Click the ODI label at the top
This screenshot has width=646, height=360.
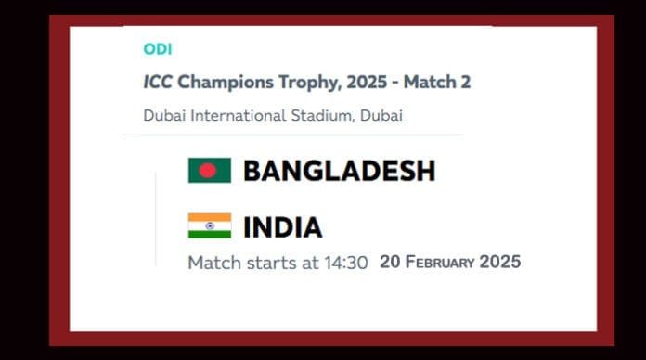point(158,49)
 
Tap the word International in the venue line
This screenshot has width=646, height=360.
point(244,116)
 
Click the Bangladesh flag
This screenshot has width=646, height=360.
point(209,170)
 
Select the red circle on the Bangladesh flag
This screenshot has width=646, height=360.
point(207,170)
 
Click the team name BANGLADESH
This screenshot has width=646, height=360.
point(339,171)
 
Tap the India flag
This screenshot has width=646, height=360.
point(209,225)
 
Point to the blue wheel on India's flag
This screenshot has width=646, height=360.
point(209,225)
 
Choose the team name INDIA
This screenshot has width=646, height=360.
point(282,227)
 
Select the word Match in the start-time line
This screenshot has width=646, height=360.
point(213,263)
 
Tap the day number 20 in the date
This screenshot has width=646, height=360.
point(390,263)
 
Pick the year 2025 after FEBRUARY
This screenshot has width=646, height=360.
point(500,263)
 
